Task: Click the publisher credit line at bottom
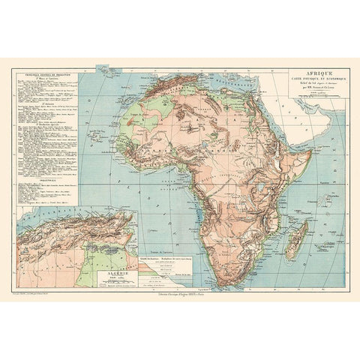[180, 292]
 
